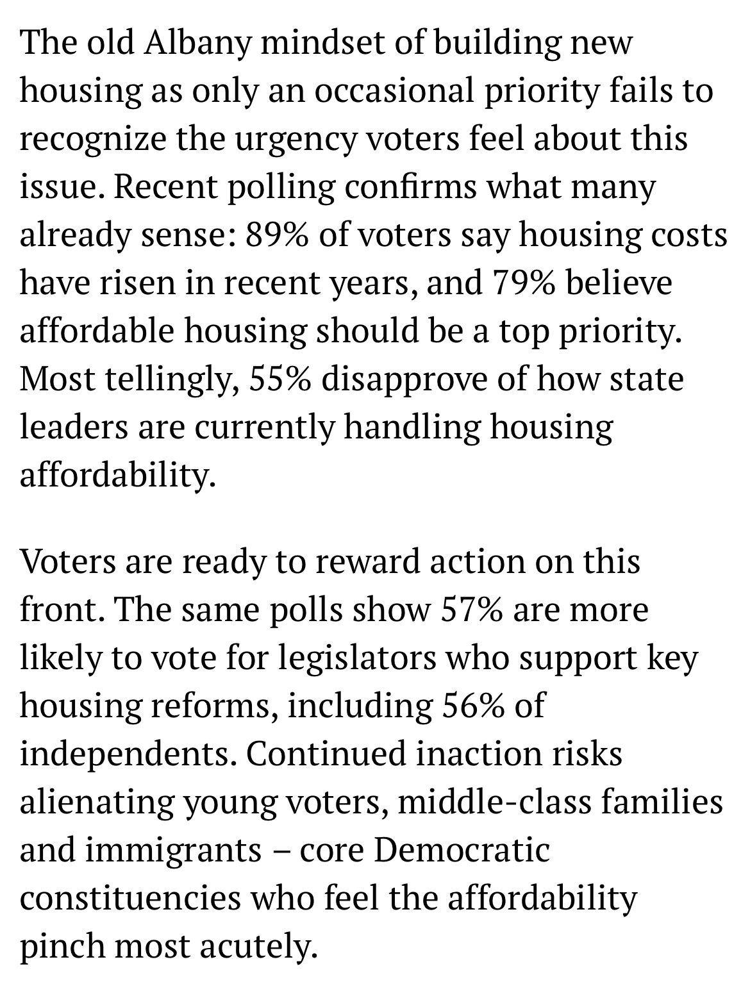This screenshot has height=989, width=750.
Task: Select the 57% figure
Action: point(471,609)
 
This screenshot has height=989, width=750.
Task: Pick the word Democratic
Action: point(462,850)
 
